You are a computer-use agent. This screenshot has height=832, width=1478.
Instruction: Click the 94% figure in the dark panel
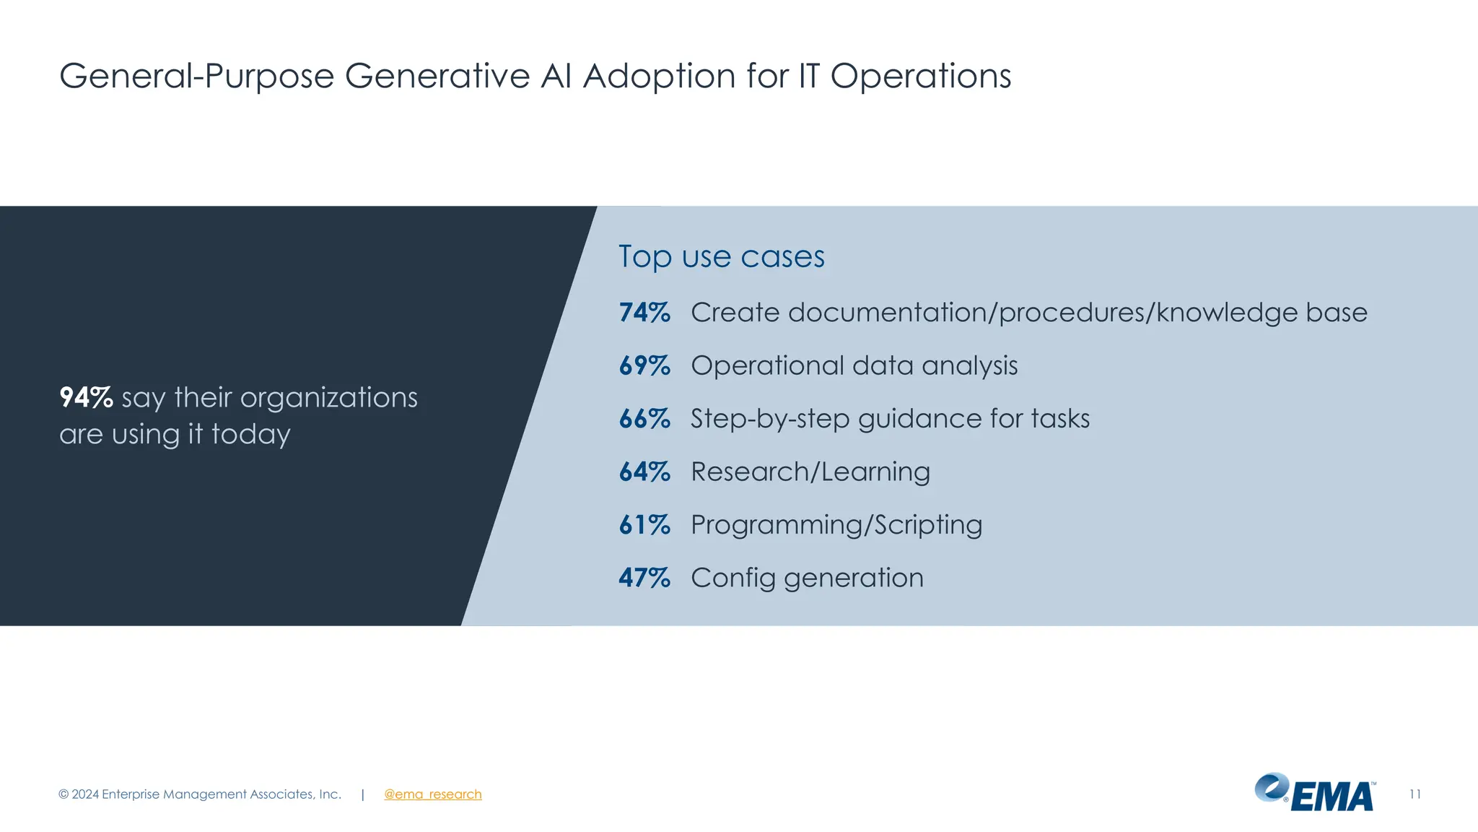(x=86, y=398)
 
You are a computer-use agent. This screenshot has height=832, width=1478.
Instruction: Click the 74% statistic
(x=644, y=313)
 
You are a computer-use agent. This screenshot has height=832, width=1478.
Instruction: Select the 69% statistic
(x=644, y=366)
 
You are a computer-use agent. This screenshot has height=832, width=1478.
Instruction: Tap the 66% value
(x=644, y=419)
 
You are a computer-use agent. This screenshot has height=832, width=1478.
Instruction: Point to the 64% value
(x=644, y=472)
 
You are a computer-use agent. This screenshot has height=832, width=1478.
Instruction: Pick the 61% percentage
(x=644, y=525)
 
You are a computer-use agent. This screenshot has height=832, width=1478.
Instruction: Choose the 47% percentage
(x=644, y=578)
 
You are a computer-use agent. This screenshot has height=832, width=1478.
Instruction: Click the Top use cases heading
(x=721, y=257)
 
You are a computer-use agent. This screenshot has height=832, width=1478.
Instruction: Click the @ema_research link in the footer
(x=432, y=794)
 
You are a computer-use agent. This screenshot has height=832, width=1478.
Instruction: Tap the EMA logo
(x=1315, y=794)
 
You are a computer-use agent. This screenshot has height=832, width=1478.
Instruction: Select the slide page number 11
(x=1414, y=794)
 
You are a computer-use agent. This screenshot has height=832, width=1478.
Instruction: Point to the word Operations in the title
(x=920, y=76)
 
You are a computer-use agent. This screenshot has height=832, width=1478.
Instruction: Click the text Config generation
(x=807, y=578)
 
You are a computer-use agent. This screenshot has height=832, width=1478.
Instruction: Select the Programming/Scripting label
(x=836, y=525)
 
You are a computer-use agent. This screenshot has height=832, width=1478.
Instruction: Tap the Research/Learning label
(x=810, y=472)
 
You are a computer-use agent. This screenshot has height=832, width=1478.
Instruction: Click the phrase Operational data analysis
(x=854, y=366)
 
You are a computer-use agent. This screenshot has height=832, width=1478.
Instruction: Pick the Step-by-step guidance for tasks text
(x=890, y=419)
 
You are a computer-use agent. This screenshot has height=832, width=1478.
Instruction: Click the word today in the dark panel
(x=250, y=434)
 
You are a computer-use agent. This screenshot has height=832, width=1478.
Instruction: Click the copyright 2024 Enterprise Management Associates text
(x=200, y=794)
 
